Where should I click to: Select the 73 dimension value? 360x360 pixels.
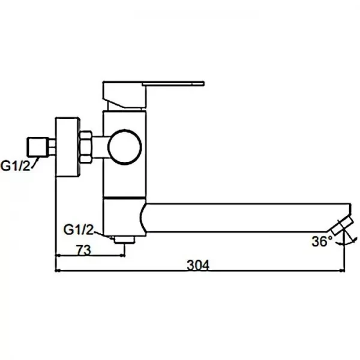pos(83,251)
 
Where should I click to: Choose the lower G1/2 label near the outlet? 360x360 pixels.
pos(79,229)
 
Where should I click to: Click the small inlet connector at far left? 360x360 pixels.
pos(38,146)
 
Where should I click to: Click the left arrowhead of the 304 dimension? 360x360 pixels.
pos(59,271)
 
